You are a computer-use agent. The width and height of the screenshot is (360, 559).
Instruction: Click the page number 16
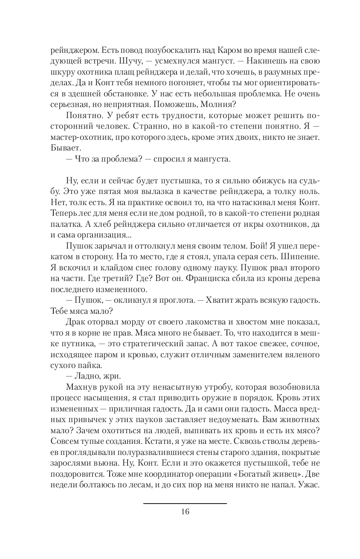click(185, 512)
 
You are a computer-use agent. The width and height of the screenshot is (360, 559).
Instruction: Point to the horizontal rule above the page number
click(185, 504)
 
